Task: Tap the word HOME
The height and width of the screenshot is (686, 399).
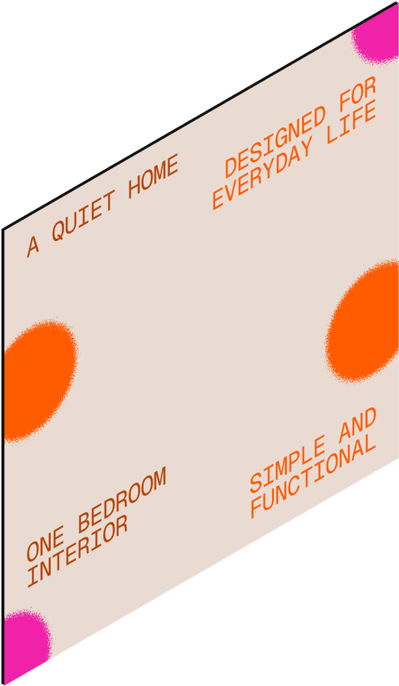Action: click(153, 177)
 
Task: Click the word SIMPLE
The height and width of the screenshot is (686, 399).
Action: click(287, 464)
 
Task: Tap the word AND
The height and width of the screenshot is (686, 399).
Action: click(358, 424)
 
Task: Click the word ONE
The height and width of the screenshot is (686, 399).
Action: click(45, 543)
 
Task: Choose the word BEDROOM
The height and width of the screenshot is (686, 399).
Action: click(122, 499)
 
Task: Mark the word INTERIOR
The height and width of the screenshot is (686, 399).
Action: click(78, 550)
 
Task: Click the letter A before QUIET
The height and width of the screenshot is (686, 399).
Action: click(33, 246)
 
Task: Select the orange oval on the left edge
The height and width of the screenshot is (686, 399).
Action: click(39, 380)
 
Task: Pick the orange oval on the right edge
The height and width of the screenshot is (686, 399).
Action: click(364, 321)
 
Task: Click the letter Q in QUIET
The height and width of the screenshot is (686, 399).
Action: click(58, 230)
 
